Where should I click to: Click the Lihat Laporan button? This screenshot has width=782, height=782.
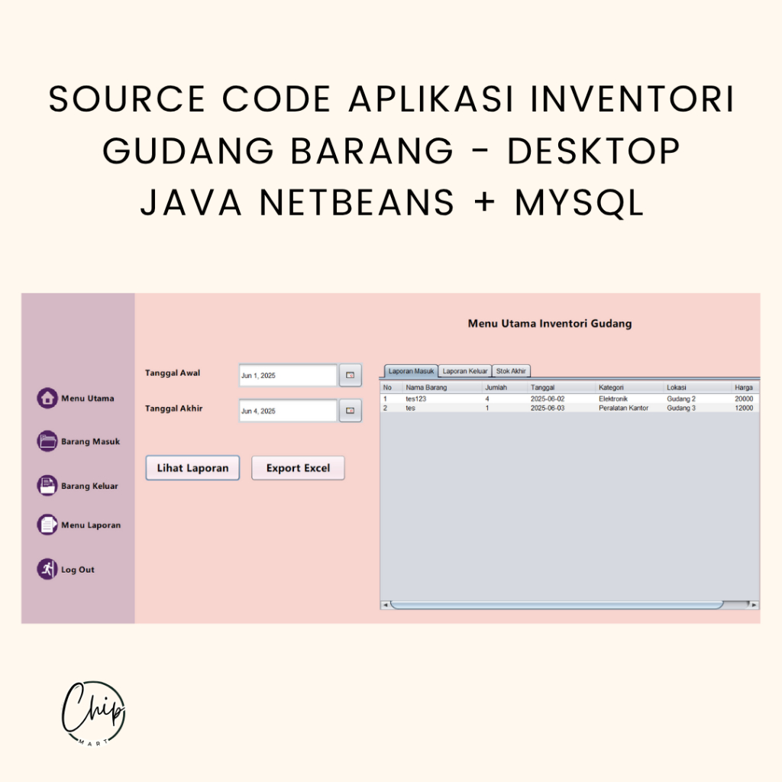tap(192, 468)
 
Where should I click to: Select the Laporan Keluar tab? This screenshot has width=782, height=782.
tap(465, 371)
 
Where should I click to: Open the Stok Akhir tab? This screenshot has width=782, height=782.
tap(511, 371)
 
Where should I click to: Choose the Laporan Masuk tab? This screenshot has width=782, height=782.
tap(411, 371)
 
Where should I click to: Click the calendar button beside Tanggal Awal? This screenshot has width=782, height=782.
tap(350, 375)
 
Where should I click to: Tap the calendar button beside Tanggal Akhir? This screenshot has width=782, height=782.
tap(350, 410)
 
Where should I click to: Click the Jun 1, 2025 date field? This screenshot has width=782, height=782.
tap(288, 376)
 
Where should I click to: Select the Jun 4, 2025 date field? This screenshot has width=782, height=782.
tap(288, 411)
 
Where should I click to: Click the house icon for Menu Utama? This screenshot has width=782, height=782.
tap(47, 398)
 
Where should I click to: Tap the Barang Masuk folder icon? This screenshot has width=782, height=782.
tap(47, 441)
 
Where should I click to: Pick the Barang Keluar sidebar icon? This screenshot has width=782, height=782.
tap(47, 485)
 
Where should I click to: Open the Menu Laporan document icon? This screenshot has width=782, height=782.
tap(47, 525)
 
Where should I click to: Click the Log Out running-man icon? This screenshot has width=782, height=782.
tap(47, 569)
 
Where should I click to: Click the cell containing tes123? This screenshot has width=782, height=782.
tap(416, 399)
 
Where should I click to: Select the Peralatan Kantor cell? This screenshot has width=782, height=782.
tap(623, 408)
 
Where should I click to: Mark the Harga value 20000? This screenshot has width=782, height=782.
tap(744, 399)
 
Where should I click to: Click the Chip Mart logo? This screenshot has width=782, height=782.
tap(93, 713)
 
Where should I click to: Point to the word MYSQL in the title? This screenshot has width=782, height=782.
tap(580, 203)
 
